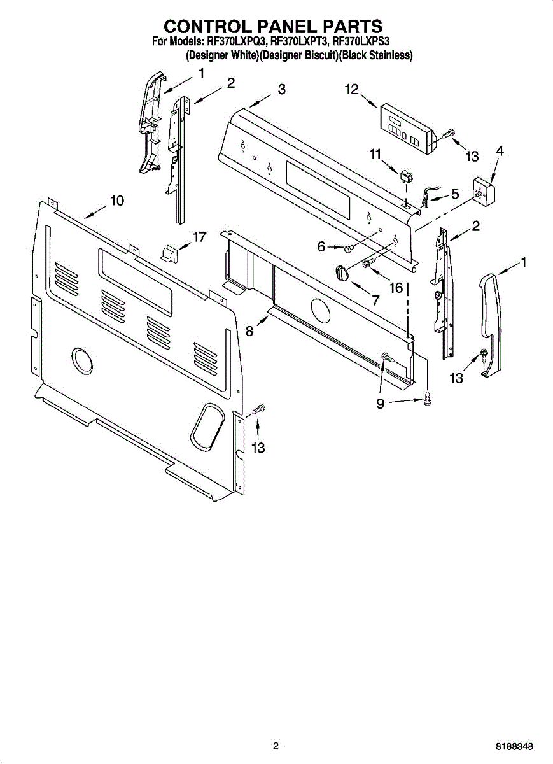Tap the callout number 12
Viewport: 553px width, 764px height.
[353, 90]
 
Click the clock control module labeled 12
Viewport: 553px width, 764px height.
[405, 128]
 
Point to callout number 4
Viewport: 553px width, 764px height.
[500, 152]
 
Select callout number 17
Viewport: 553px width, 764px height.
[199, 237]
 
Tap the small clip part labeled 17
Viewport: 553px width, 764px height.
[169, 253]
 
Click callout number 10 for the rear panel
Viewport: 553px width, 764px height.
[116, 201]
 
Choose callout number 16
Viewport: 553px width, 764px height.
[396, 288]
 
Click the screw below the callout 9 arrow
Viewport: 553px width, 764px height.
[428, 399]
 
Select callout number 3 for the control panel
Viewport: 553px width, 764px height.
[281, 90]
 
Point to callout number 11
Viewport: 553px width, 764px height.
[375, 153]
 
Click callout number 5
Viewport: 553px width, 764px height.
[455, 194]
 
